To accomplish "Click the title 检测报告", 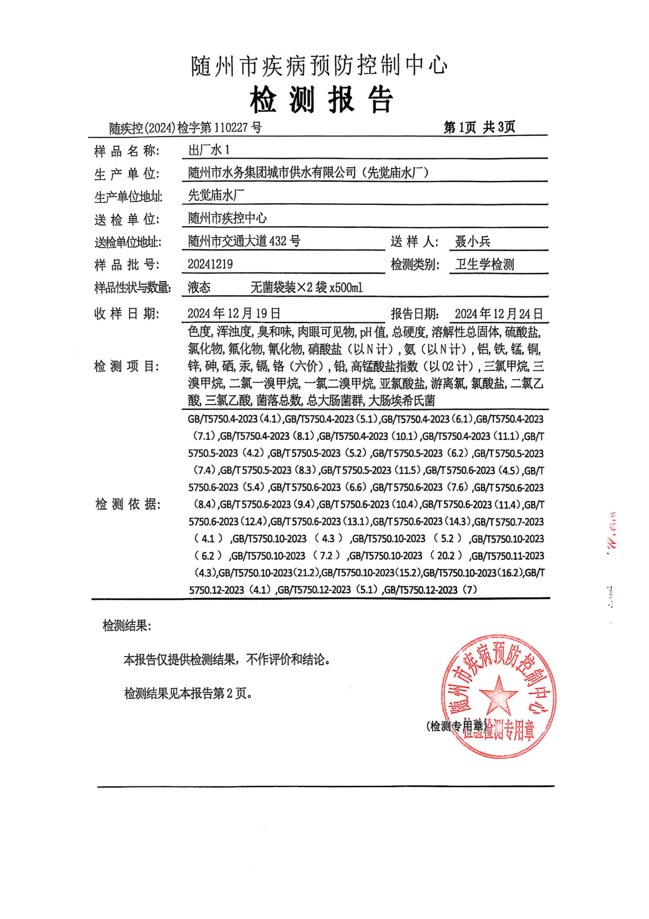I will point(321,99).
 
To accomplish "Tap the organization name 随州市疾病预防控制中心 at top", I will point(319,66).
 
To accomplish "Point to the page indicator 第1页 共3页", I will point(479,127).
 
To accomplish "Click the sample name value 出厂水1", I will point(209,150).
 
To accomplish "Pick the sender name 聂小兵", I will point(473,242).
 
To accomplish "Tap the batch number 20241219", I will point(210,264).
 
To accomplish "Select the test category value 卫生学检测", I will point(484,264).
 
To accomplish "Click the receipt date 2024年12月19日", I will point(234,314).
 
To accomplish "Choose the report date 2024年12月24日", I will point(498,314).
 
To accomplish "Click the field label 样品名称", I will point(126,151).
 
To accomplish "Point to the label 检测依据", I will point(128,504).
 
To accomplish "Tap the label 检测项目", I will point(127,366).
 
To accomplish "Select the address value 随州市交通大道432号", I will point(244,241).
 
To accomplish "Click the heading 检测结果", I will point(127,626).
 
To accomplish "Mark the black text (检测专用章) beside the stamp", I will point(456,726).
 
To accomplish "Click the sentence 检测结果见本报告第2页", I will point(188,693).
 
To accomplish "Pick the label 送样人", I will point(414,242).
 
